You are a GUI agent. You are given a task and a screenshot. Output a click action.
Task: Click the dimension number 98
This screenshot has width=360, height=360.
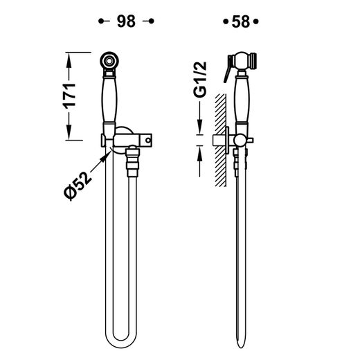[x=126, y=21]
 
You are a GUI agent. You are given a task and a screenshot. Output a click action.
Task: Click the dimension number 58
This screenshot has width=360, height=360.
[x=241, y=21]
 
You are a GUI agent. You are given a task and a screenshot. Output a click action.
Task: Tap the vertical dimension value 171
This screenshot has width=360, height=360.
[x=69, y=96]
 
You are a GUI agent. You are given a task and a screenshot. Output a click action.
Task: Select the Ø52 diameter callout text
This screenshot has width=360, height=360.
[x=78, y=186]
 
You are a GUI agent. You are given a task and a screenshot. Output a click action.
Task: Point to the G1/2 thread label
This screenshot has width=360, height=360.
[x=200, y=80]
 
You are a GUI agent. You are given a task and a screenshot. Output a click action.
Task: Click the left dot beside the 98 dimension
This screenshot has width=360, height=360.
[x=101, y=21]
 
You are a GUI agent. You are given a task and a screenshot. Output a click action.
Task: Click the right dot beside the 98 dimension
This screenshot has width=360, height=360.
[x=152, y=21]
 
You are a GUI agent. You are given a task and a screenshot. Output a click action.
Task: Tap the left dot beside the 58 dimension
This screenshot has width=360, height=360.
[x=226, y=21]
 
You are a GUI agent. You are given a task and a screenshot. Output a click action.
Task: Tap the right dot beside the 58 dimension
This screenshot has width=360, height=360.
[x=256, y=21]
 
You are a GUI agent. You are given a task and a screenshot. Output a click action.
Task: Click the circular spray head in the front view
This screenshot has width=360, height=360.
[x=109, y=61]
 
